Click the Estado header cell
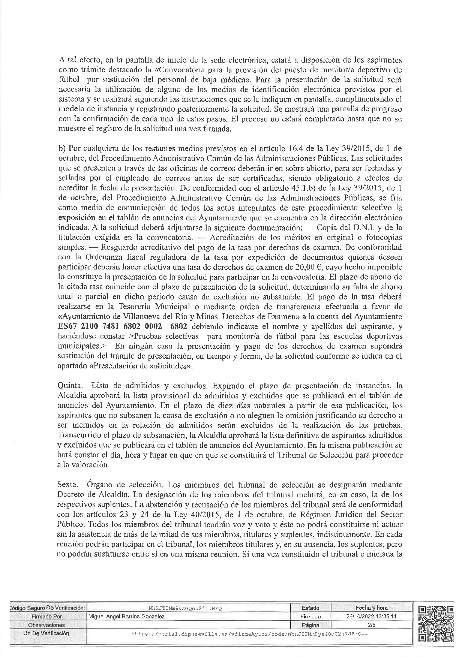point(310,608)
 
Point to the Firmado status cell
point(310,616)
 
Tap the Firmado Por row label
point(46,616)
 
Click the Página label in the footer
point(310,625)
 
